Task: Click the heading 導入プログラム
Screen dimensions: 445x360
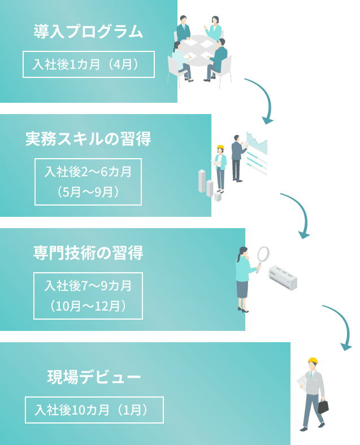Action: (x=88, y=31)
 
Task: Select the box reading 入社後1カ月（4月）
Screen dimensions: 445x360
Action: (x=88, y=64)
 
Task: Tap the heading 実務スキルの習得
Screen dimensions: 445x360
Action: (x=88, y=139)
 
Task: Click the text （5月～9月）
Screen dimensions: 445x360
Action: (x=88, y=192)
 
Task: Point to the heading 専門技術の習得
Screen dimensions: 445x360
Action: (x=88, y=253)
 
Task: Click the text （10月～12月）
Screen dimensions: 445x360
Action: (x=88, y=306)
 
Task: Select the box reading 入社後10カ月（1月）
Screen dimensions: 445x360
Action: (x=94, y=410)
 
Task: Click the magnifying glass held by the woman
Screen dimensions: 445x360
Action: (x=263, y=255)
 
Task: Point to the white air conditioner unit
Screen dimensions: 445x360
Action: (x=283, y=277)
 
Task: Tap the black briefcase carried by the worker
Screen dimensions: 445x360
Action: (x=323, y=406)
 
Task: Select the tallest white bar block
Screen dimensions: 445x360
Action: (x=202, y=181)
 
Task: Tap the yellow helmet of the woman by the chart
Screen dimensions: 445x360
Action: (x=220, y=148)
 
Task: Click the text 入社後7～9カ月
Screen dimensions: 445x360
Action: (x=88, y=286)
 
